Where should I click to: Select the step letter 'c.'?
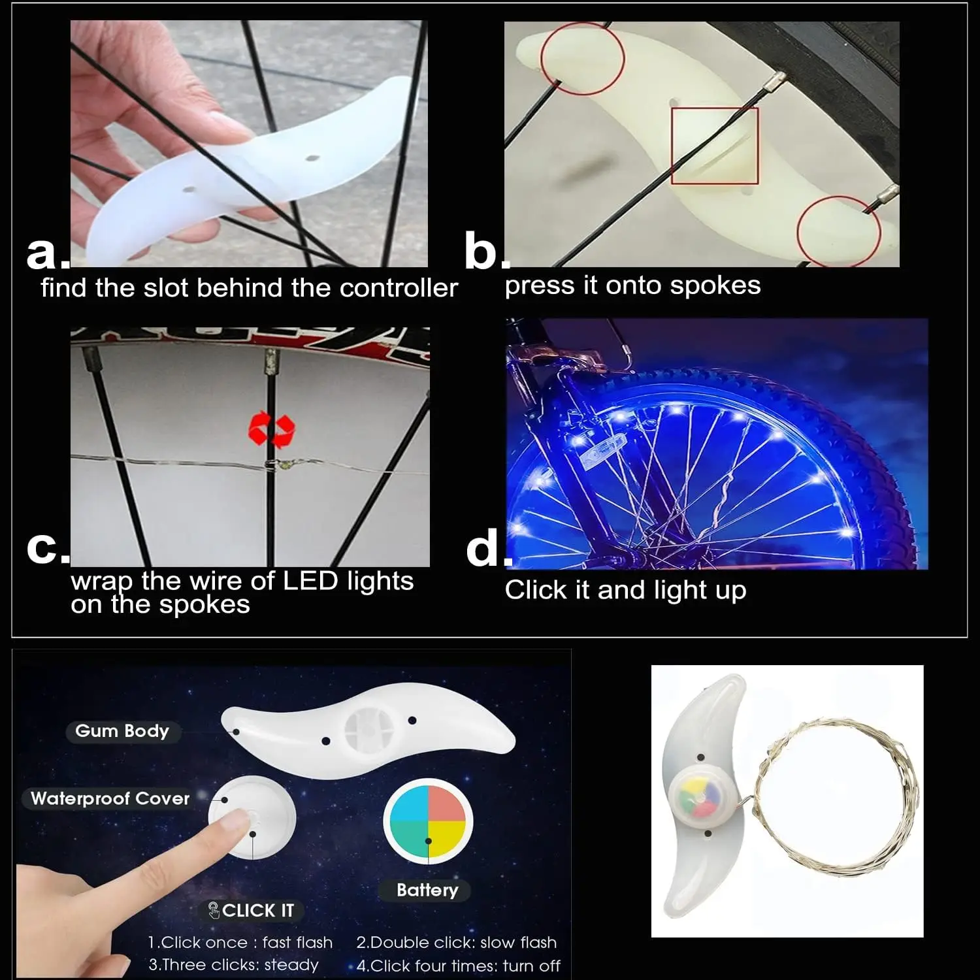(x=46, y=547)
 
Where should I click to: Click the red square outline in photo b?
(x=715, y=146)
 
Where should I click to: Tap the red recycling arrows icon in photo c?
(x=272, y=429)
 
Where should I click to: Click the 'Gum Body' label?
(x=122, y=731)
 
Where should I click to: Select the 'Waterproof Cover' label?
(x=110, y=798)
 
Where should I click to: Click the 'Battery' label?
(x=427, y=890)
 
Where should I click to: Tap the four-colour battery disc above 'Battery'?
(x=427, y=821)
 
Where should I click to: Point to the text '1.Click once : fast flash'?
(x=240, y=943)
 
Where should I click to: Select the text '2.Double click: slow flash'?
(x=456, y=943)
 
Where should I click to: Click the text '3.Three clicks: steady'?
(x=234, y=965)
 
